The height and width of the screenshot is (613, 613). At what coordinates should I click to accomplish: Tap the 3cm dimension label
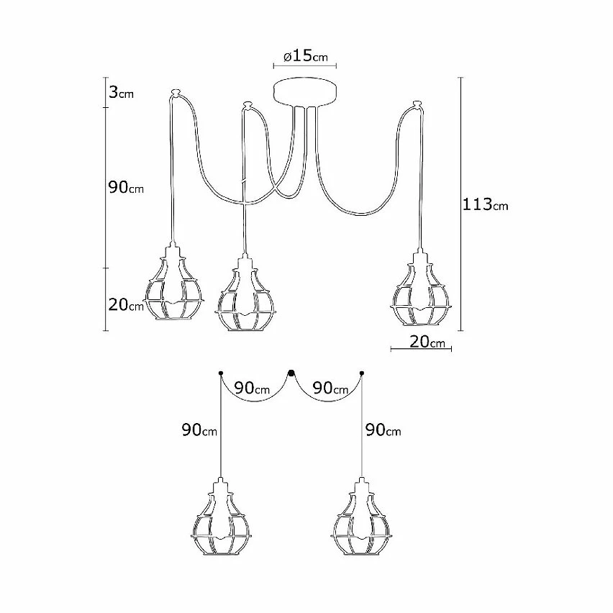(120, 94)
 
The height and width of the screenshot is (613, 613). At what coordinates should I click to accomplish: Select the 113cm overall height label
(485, 204)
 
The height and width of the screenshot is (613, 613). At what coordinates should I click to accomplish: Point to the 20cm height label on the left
(126, 306)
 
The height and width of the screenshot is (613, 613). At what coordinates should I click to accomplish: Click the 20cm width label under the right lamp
(427, 342)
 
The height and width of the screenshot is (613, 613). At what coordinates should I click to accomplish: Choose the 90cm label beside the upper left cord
(126, 188)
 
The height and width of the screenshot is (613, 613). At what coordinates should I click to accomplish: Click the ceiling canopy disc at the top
(305, 91)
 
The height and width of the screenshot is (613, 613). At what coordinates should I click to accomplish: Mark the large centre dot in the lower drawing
(291, 373)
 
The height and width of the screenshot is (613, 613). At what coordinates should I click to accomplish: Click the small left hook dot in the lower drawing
(220, 373)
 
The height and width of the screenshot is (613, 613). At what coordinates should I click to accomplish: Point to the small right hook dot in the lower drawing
(361, 373)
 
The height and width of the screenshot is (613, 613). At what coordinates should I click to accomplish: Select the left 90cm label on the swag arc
(252, 388)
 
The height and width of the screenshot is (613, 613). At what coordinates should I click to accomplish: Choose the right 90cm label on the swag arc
(331, 388)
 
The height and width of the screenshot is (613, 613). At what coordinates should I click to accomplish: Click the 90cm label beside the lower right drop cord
(383, 430)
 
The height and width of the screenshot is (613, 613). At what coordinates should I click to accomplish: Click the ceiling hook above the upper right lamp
(416, 107)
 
